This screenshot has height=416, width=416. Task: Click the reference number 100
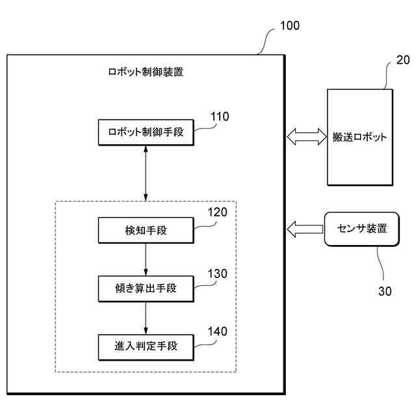click(x=290, y=26)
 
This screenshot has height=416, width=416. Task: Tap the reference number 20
click(x=403, y=60)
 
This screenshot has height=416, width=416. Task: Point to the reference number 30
click(x=385, y=291)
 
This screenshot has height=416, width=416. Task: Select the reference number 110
click(x=220, y=116)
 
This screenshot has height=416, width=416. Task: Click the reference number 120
click(x=217, y=213)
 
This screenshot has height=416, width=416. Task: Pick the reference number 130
click(x=217, y=274)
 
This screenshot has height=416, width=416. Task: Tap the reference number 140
click(x=217, y=331)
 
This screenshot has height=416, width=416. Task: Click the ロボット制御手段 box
click(x=146, y=133)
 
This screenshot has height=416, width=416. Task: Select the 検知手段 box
click(x=146, y=230)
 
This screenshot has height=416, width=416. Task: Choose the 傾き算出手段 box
click(x=146, y=289)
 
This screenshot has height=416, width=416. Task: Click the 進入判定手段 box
click(x=146, y=347)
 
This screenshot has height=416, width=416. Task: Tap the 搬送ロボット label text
click(x=359, y=137)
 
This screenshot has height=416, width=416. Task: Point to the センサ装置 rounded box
click(x=362, y=229)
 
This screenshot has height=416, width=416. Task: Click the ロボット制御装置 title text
click(x=146, y=72)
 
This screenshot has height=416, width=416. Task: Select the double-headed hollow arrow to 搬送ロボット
click(x=307, y=136)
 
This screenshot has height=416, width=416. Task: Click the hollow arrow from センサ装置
click(x=305, y=229)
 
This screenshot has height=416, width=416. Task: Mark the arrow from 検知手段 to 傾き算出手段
click(x=146, y=260)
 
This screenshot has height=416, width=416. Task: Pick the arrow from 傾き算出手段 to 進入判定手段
click(x=146, y=318)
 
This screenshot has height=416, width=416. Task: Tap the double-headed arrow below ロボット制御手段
click(x=146, y=174)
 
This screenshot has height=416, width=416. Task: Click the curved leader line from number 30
click(x=381, y=263)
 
